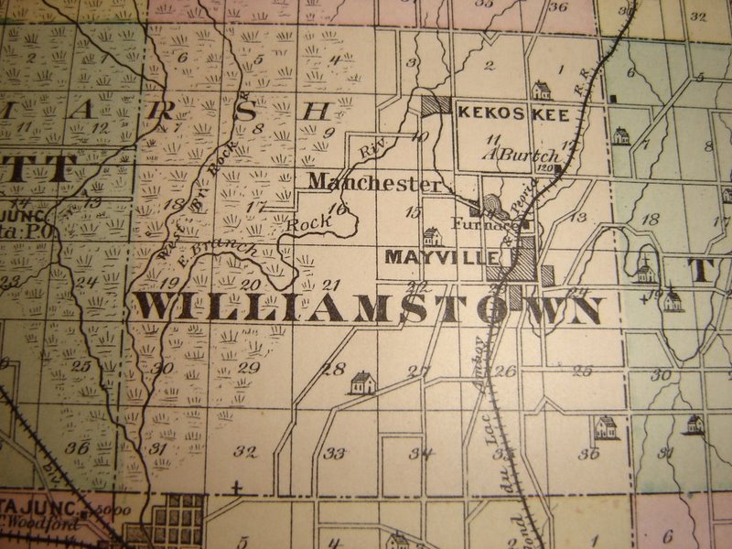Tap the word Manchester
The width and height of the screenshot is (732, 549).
point(373,182)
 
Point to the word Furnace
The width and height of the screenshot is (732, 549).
point(479,223)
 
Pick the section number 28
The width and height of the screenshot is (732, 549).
point(333,369)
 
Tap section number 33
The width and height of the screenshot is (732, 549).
point(336,453)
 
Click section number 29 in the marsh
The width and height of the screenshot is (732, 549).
point(248,367)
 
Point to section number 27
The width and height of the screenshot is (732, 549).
point(418,371)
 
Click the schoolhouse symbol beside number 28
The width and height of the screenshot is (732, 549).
point(362,382)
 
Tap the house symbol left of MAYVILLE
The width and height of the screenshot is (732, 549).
point(432,237)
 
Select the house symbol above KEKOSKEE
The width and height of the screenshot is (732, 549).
point(542,91)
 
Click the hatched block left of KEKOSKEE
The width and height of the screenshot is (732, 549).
point(435,105)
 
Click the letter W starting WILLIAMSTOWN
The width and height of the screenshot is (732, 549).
point(157,307)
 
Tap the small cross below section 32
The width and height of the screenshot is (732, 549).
point(237,488)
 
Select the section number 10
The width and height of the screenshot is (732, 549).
point(420,137)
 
